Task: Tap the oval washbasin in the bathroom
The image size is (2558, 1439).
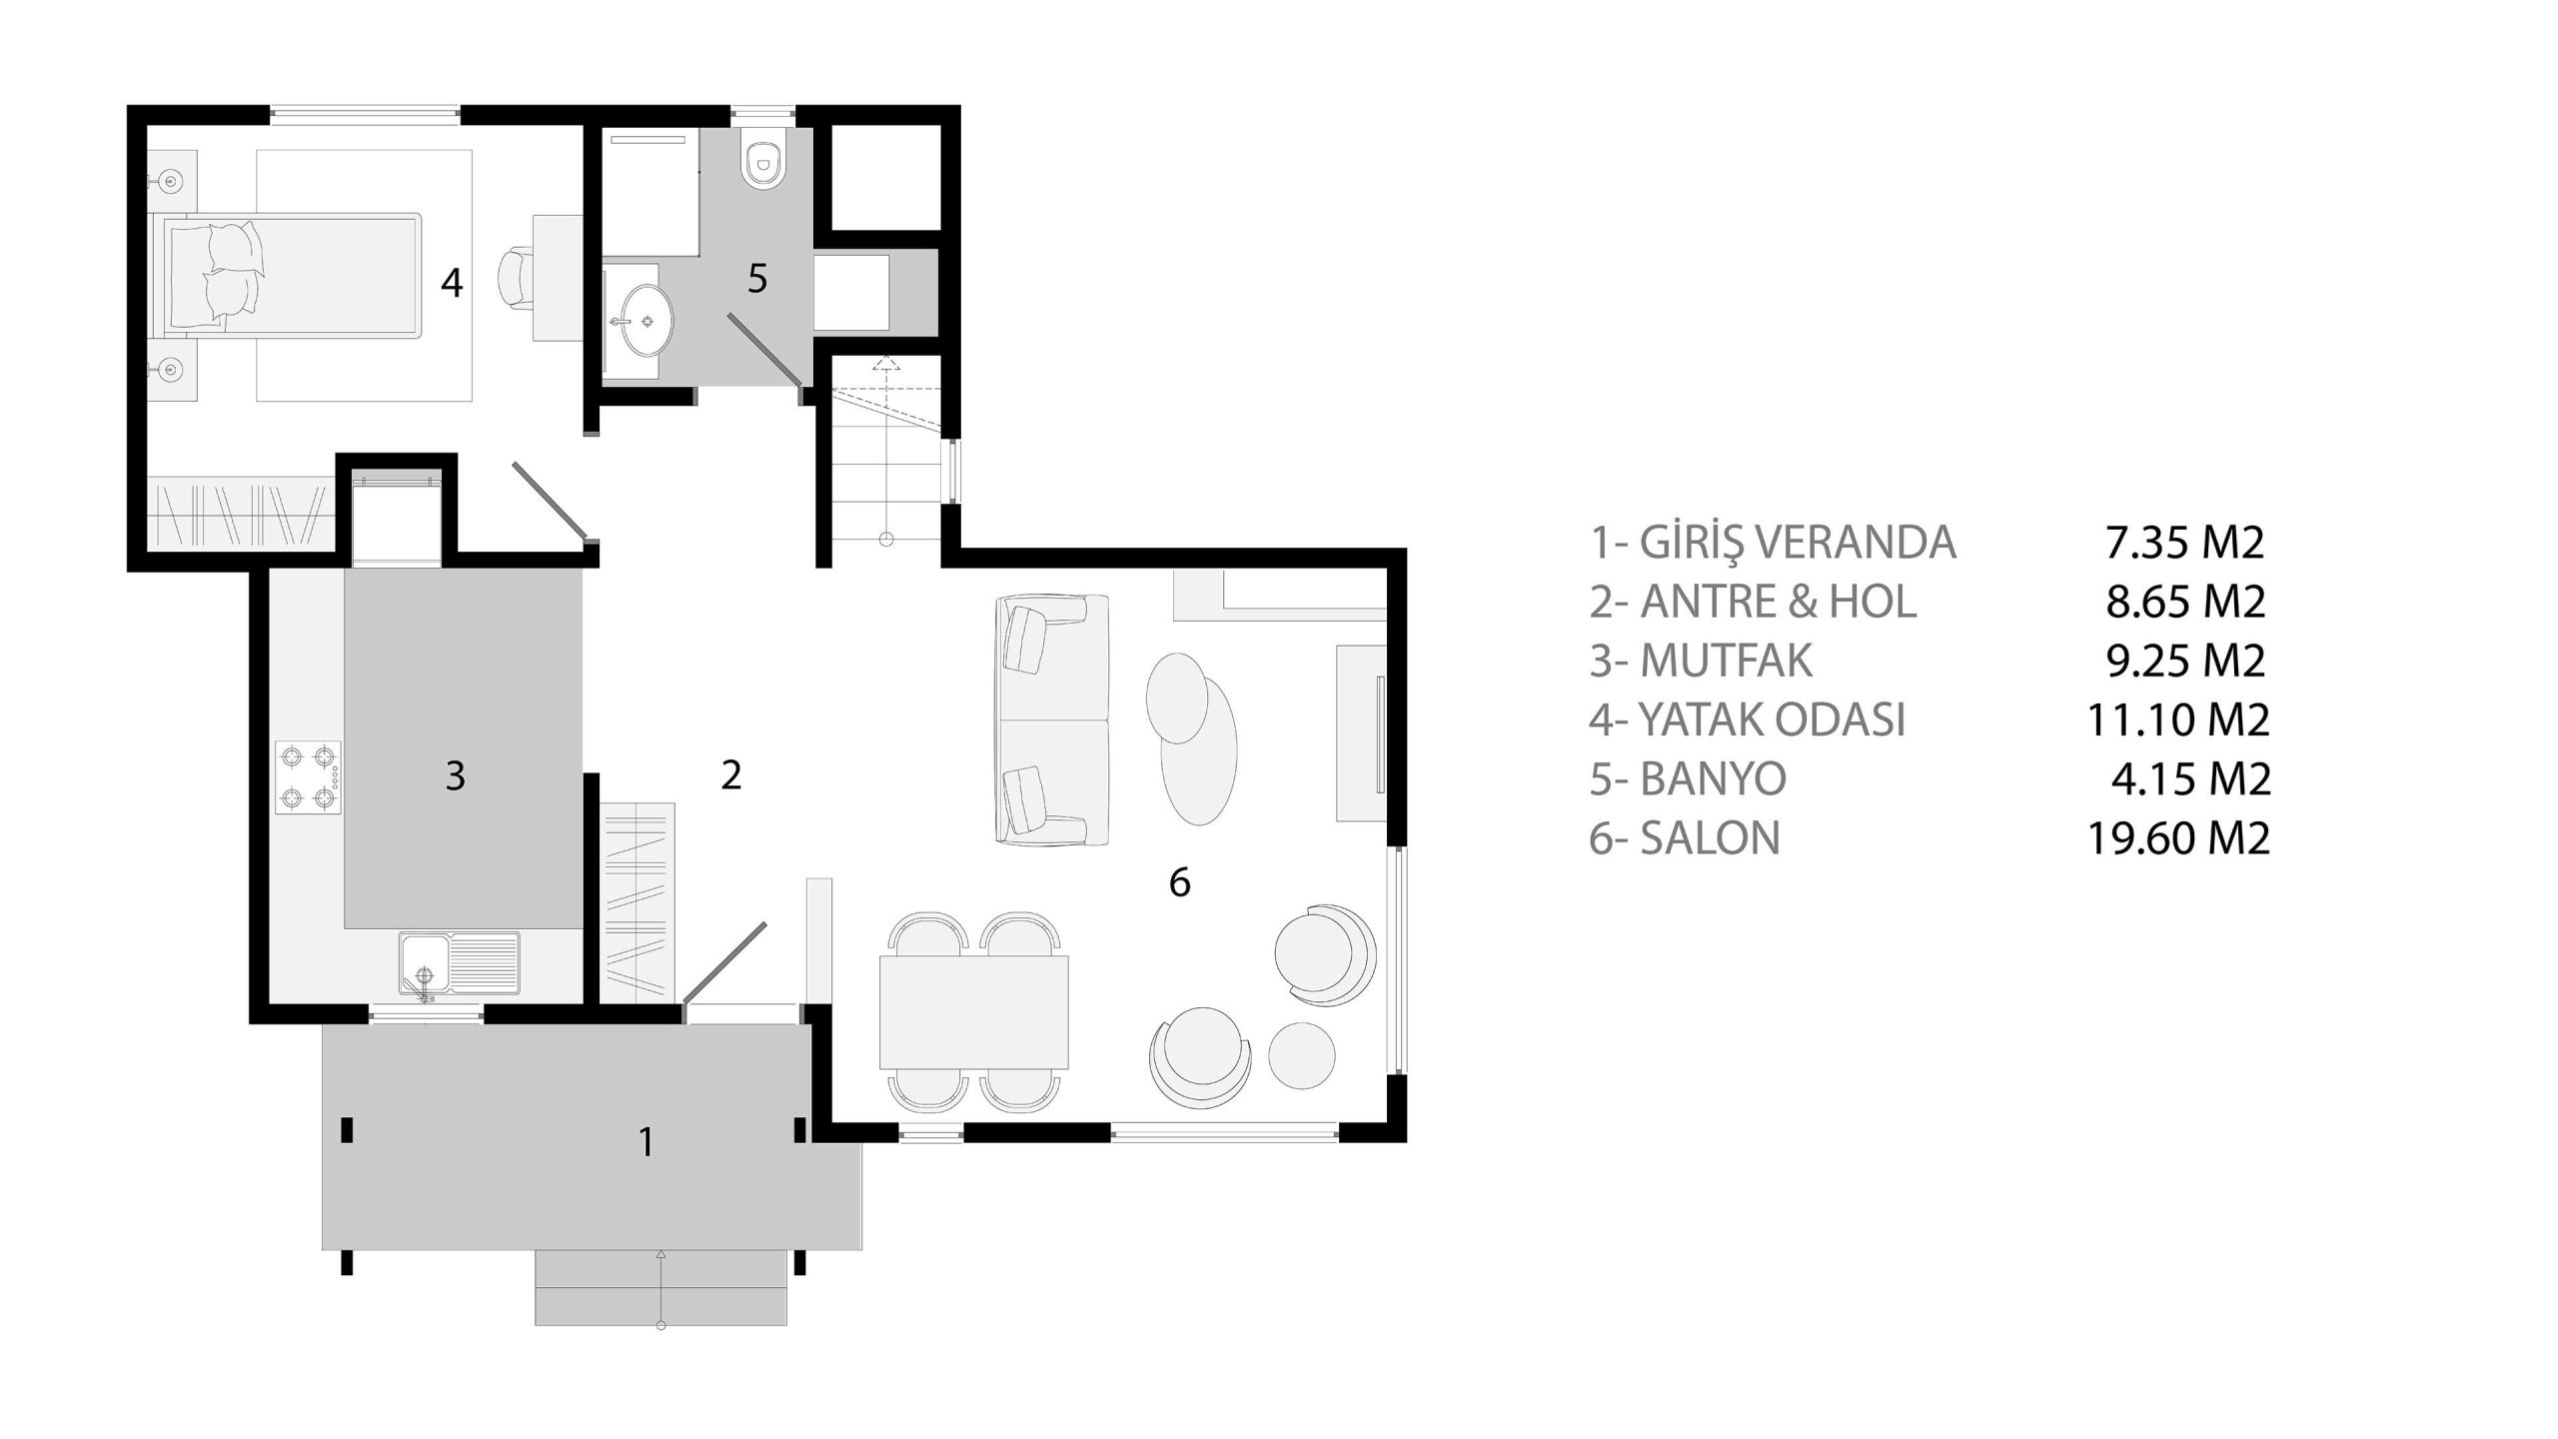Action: (x=642, y=320)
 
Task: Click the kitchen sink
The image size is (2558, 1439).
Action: (x=461, y=964)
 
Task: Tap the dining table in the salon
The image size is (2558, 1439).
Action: (x=974, y=1012)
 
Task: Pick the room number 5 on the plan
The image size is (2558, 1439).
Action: (x=757, y=279)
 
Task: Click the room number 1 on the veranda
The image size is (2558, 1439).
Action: (x=646, y=1141)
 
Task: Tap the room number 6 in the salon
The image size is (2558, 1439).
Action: (x=1180, y=882)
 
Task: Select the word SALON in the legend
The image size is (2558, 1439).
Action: (x=1710, y=837)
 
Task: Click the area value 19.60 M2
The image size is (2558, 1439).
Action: (x=2178, y=837)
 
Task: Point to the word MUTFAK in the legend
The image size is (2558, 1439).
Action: (x=1726, y=661)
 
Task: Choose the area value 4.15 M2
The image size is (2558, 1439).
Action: (x=2190, y=778)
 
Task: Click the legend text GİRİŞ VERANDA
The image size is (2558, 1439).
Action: (x=1798, y=543)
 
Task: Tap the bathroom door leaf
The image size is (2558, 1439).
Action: (x=763, y=349)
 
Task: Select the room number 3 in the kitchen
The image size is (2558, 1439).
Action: (x=455, y=775)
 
